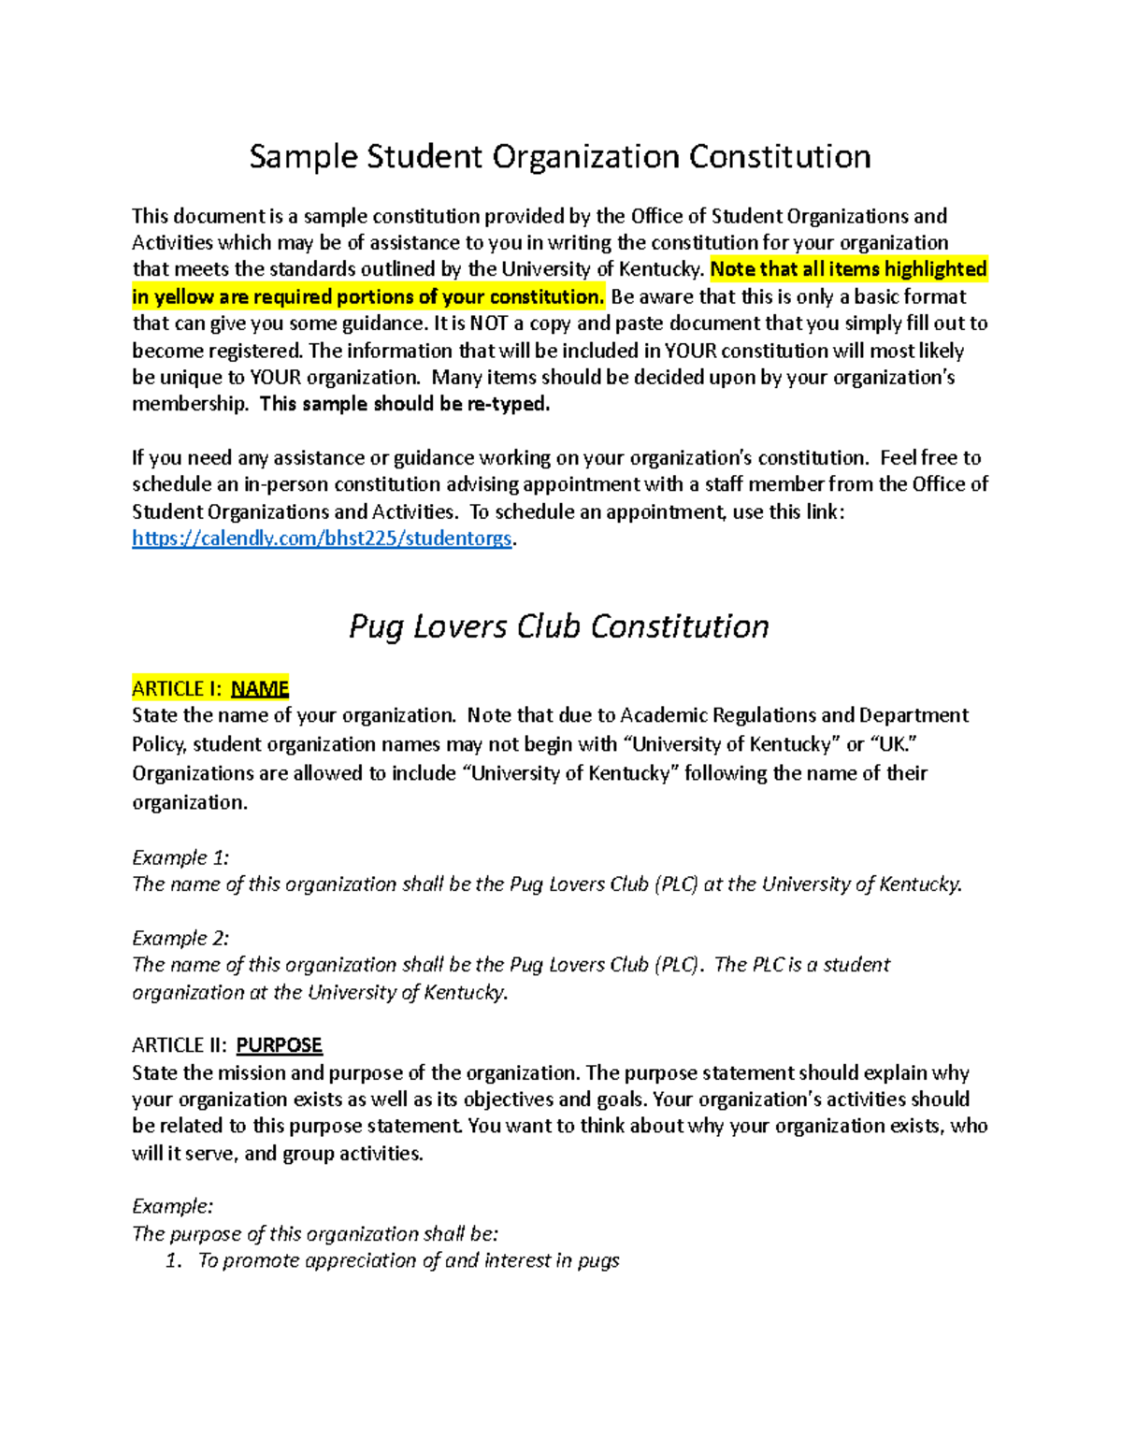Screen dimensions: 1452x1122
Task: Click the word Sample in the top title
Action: (303, 157)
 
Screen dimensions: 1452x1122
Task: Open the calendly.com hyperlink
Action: (322, 539)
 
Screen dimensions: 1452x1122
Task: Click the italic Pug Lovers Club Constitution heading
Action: (558, 626)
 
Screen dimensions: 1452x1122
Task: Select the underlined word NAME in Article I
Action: (259, 689)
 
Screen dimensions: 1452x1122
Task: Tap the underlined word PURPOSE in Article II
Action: (279, 1045)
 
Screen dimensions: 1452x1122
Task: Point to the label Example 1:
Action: (180, 857)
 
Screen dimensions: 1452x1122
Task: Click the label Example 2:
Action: (180, 938)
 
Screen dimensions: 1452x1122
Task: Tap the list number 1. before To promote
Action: (173, 1260)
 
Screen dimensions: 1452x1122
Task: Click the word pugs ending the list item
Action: (598, 1260)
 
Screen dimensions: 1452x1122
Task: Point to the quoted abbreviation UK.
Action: (890, 745)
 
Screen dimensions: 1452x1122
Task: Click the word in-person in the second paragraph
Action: (286, 484)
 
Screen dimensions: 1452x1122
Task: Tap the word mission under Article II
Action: (251, 1072)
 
